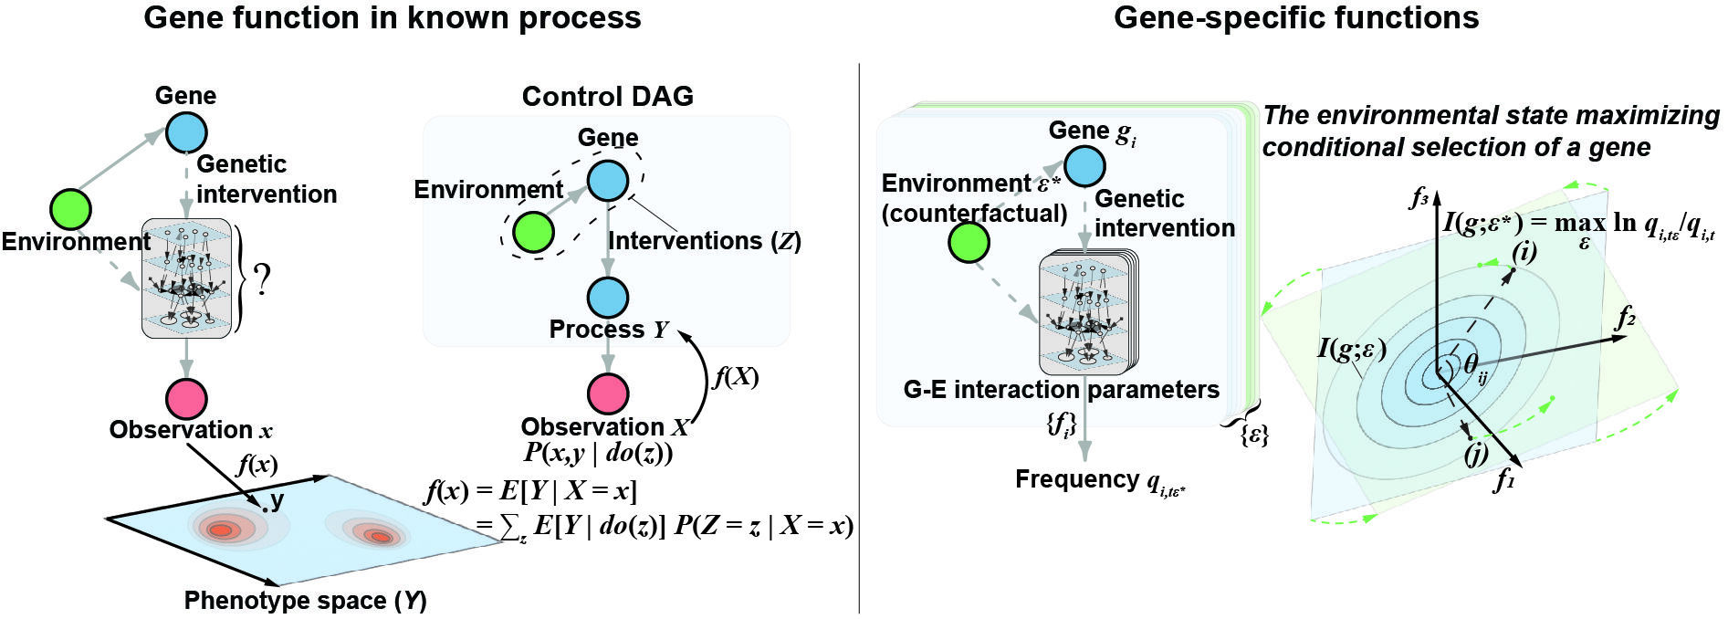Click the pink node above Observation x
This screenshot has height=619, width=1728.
186,399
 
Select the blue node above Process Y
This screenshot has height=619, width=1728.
607,298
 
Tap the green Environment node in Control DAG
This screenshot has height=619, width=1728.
533,231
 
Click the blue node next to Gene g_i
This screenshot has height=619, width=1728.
1084,166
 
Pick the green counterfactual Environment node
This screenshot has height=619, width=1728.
969,242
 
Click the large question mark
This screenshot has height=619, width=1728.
263,281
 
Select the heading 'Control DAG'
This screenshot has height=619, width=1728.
608,96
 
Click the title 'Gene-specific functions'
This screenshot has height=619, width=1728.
1296,17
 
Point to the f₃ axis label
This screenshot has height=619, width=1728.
1418,197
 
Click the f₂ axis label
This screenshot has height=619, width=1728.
1625,317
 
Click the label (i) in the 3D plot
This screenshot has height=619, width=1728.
1524,251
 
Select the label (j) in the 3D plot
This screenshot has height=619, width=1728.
1475,454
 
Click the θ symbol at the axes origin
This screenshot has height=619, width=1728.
1471,363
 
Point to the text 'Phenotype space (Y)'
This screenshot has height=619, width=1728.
306,601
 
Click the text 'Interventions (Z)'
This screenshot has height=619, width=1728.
705,241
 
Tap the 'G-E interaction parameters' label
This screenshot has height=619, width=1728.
1061,390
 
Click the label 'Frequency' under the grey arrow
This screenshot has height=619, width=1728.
1077,479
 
